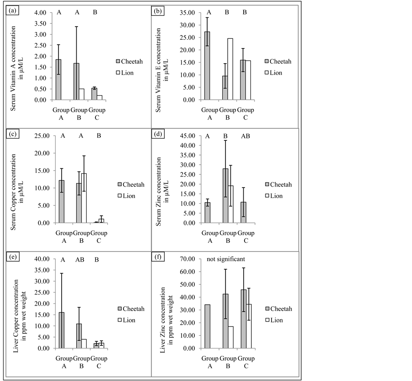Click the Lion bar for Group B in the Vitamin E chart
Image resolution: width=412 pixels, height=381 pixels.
click(230, 69)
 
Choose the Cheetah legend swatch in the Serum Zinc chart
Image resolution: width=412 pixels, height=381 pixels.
click(267, 184)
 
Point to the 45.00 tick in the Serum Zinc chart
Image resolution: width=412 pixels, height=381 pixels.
click(189, 136)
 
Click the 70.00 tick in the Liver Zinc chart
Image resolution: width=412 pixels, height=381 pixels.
click(189, 259)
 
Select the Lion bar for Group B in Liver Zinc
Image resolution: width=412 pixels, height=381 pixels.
click(230, 337)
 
